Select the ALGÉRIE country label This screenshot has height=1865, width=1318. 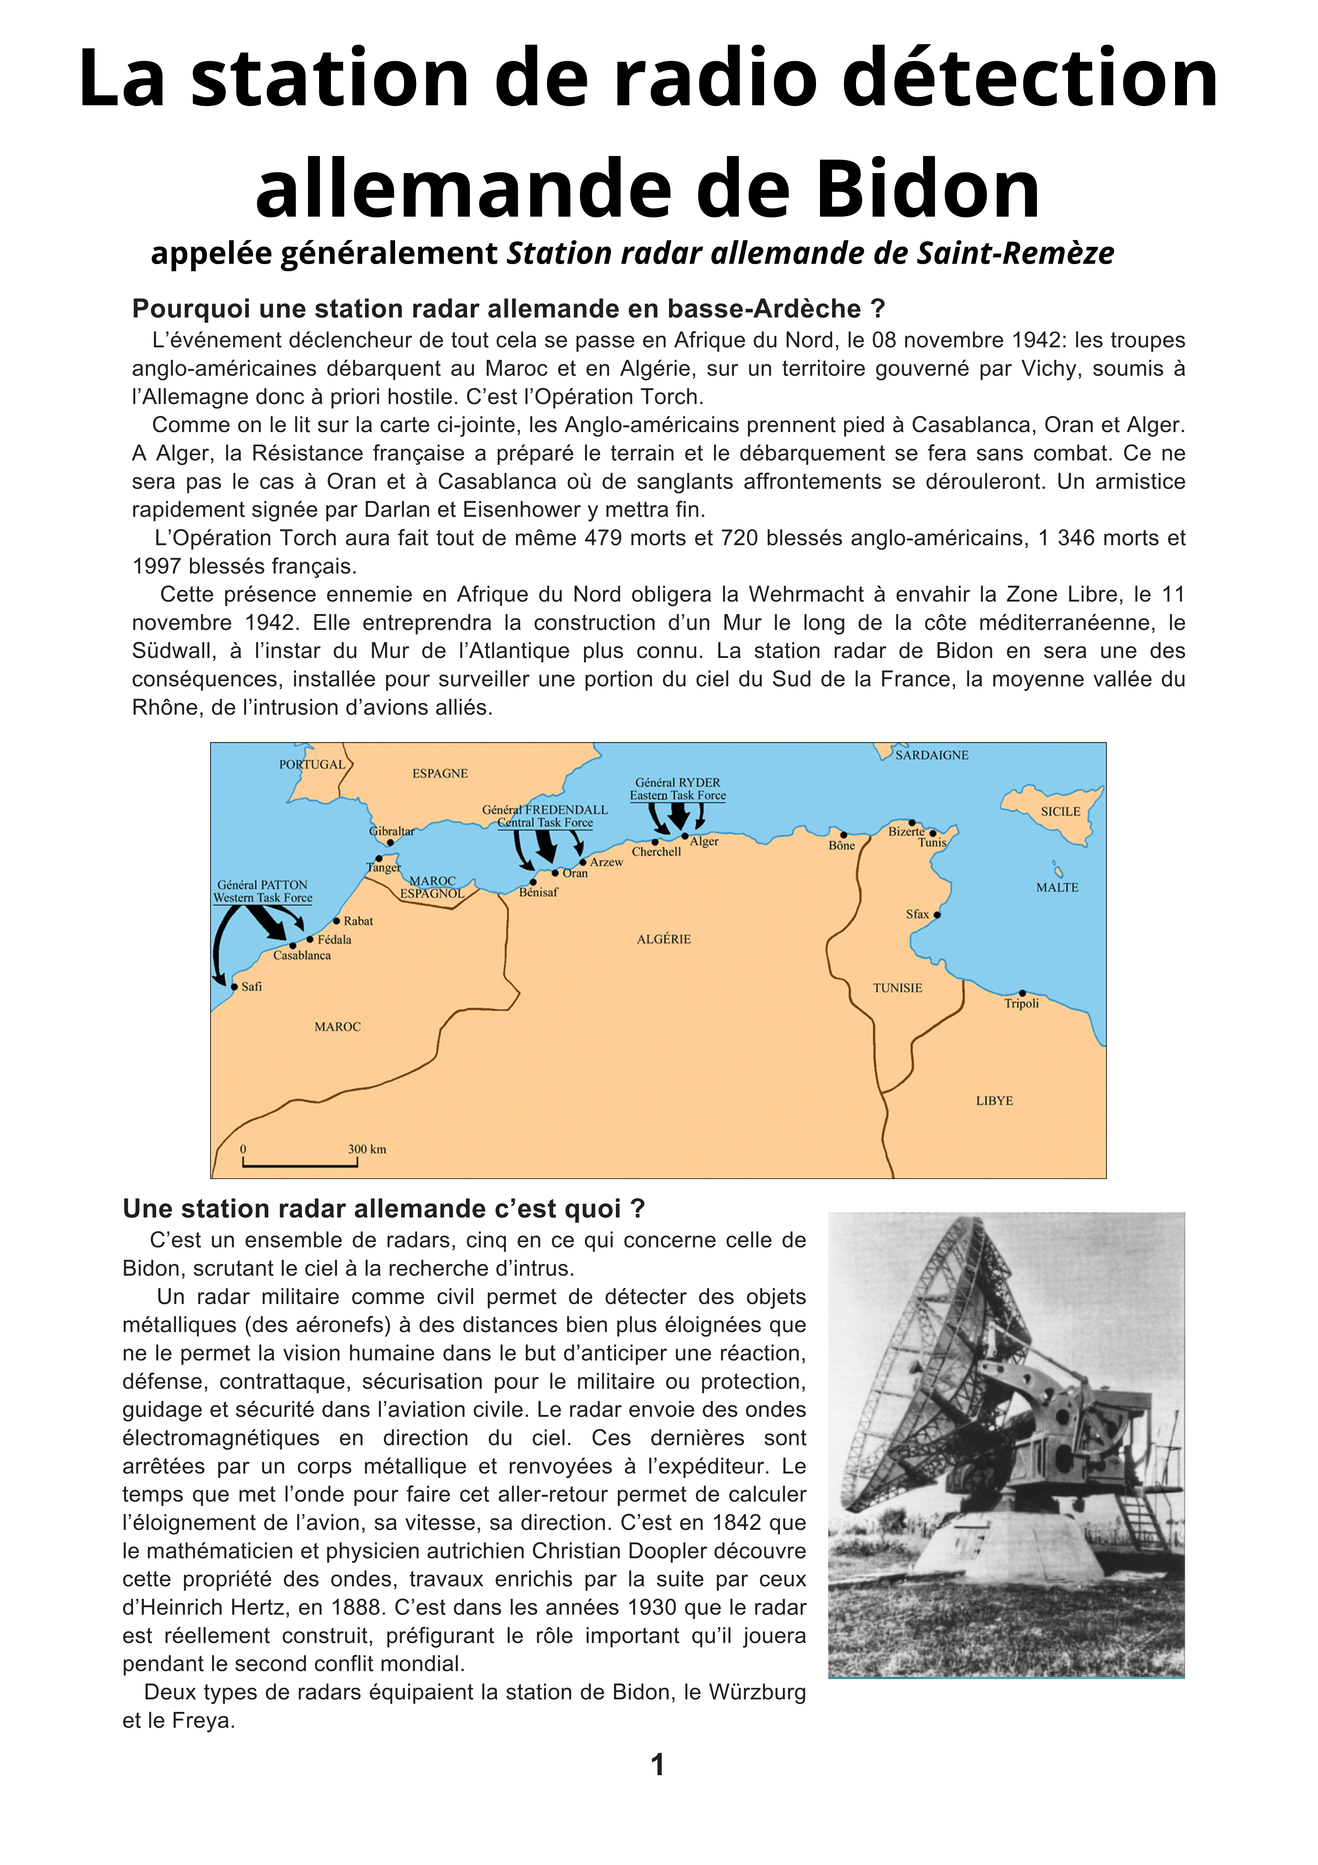point(663,939)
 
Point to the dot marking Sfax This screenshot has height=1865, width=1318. point(937,915)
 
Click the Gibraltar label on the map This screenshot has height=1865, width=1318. point(391,831)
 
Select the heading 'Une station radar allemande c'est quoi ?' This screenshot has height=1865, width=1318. point(383,1209)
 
